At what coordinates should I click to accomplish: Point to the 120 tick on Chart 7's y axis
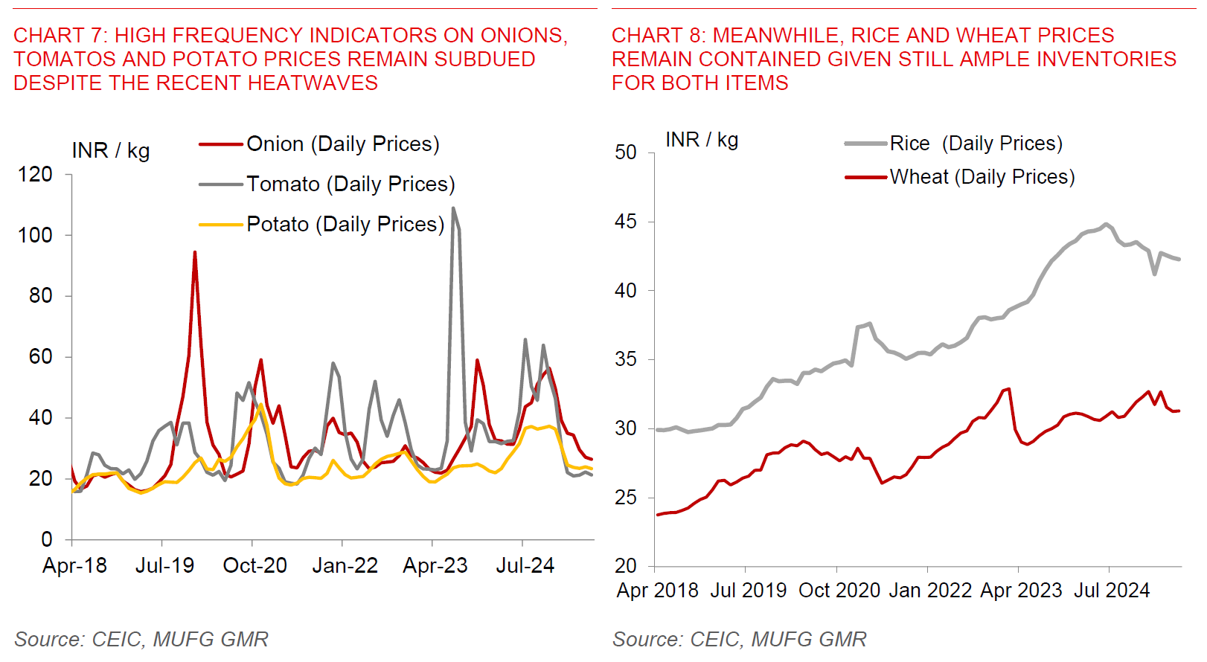pos(35,175)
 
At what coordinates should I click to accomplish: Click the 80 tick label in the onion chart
pos(40,296)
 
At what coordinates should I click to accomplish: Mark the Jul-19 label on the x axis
pos(164,566)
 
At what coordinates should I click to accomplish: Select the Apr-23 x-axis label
pos(435,566)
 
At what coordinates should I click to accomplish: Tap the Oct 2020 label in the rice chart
pos(839,591)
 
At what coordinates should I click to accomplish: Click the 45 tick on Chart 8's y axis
pos(626,222)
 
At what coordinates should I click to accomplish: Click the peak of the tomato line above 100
pos(454,209)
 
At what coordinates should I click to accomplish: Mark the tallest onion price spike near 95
pos(195,252)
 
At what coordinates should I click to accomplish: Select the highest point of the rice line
pos(1107,224)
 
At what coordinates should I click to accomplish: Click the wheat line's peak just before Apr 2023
pos(1008,388)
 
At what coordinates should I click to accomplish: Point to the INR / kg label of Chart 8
pos(702,140)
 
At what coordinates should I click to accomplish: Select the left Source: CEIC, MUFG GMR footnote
pos(141,640)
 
